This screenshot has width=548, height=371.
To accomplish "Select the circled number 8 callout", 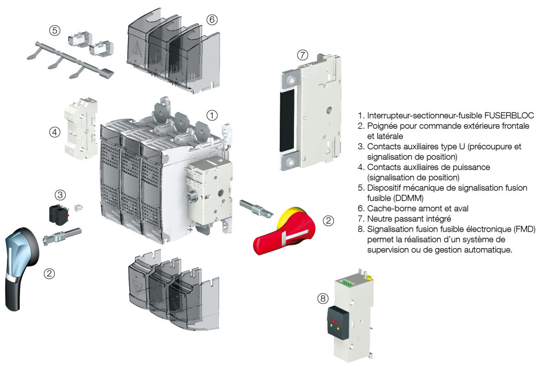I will [x=323, y=298].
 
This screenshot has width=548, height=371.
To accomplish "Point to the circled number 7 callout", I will [x=302, y=55].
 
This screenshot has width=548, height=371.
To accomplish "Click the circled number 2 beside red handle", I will [x=328, y=221].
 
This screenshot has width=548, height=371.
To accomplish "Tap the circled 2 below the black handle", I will [x=49, y=273].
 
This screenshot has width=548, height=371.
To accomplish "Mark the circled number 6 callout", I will [x=212, y=20].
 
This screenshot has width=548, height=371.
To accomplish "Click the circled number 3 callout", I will [x=60, y=195].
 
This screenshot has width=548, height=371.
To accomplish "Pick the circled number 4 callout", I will [x=54, y=132].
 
